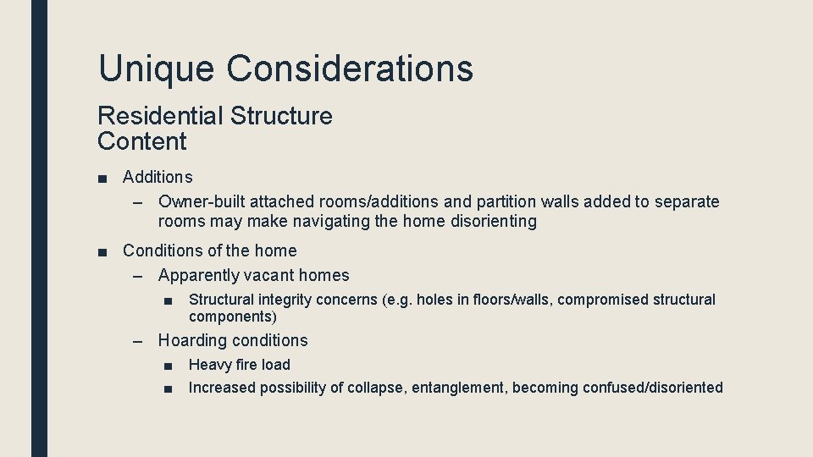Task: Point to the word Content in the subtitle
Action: [x=141, y=141]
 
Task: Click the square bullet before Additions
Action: [x=102, y=178]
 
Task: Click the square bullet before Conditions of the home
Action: [x=102, y=251]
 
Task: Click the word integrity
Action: [x=285, y=300]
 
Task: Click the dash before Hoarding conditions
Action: [x=139, y=341]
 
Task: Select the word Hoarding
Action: [x=192, y=341]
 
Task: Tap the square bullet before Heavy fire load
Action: [x=169, y=366]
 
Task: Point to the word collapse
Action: [x=377, y=388]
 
